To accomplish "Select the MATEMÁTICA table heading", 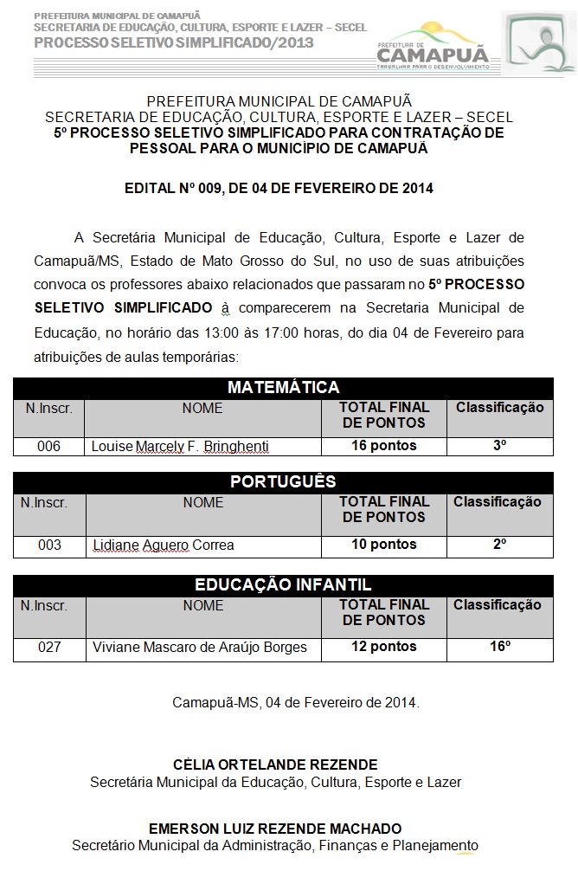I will click(x=283, y=387).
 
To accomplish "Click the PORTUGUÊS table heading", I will click(x=283, y=481).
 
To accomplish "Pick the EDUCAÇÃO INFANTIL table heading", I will click(x=283, y=585).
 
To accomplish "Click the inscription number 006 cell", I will click(x=48, y=447).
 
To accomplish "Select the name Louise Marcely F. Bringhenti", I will click(x=180, y=447).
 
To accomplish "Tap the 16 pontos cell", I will click(x=383, y=446).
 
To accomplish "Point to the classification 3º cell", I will click(x=499, y=446).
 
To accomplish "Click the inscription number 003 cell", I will click(x=49, y=545).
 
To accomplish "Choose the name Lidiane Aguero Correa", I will click(x=163, y=545).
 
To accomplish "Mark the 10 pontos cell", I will click(x=383, y=545).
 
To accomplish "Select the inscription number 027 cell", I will click(x=49, y=648).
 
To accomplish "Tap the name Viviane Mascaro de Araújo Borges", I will click(x=199, y=648).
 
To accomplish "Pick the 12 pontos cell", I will click(x=383, y=647).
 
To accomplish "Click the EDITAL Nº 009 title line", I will click(x=279, y=188).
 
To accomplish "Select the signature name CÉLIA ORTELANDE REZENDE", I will click(x=275, y=765).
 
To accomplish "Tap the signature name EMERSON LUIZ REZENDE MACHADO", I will click(x=275, y=829).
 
